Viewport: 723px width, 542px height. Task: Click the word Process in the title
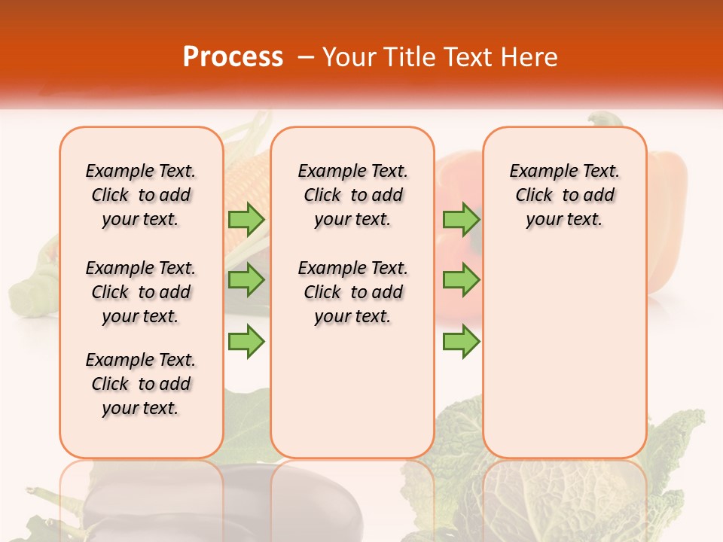[x=233, y=57]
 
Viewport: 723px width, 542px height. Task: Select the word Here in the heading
[x=530, y=57]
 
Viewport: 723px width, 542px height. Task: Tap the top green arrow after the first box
[x=246, y=219]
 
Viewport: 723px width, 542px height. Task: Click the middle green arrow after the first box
[x=246, y=280]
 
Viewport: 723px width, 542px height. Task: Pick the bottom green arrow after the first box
[x=246, y=341]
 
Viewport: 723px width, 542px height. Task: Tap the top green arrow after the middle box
[x=461, y=219]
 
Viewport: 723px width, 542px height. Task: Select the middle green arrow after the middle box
[x=461, y=280]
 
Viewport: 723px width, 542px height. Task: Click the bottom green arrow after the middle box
[x=461, y=341]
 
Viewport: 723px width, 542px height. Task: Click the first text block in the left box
[x=141, y=195]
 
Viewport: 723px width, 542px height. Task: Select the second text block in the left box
[x=141, y=292]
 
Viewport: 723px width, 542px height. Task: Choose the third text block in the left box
[x=141, y=384]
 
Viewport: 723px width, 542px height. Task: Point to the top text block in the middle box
[x=352, y=195]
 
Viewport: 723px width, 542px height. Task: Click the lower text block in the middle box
[x=352, y=292]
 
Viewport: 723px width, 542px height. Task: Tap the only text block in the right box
[x=564, y=195]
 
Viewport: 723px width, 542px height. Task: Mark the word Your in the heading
[x=350, y=57]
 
